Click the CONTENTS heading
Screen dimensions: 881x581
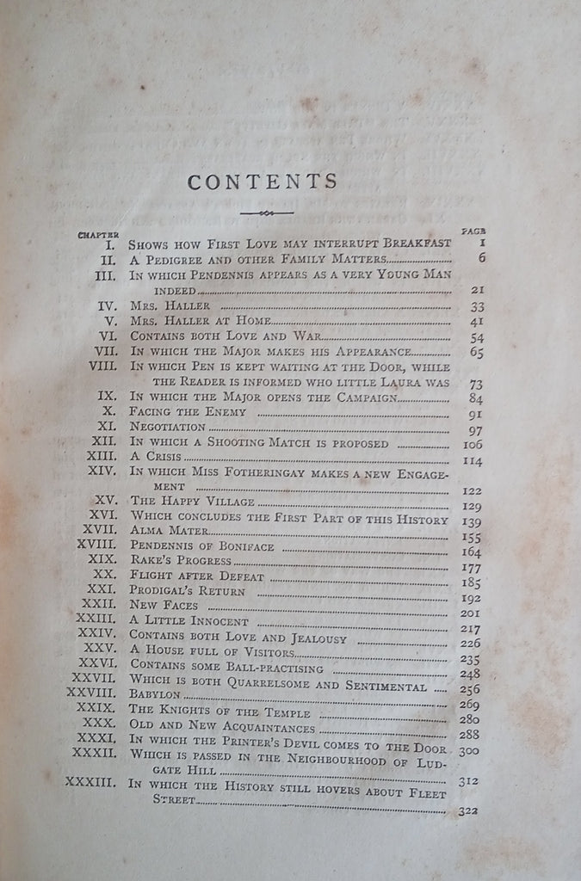263,182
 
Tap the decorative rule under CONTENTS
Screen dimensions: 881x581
263,213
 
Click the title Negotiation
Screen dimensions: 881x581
169,427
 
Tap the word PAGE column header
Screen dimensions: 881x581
473,231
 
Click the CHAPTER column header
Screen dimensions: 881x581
96,235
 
